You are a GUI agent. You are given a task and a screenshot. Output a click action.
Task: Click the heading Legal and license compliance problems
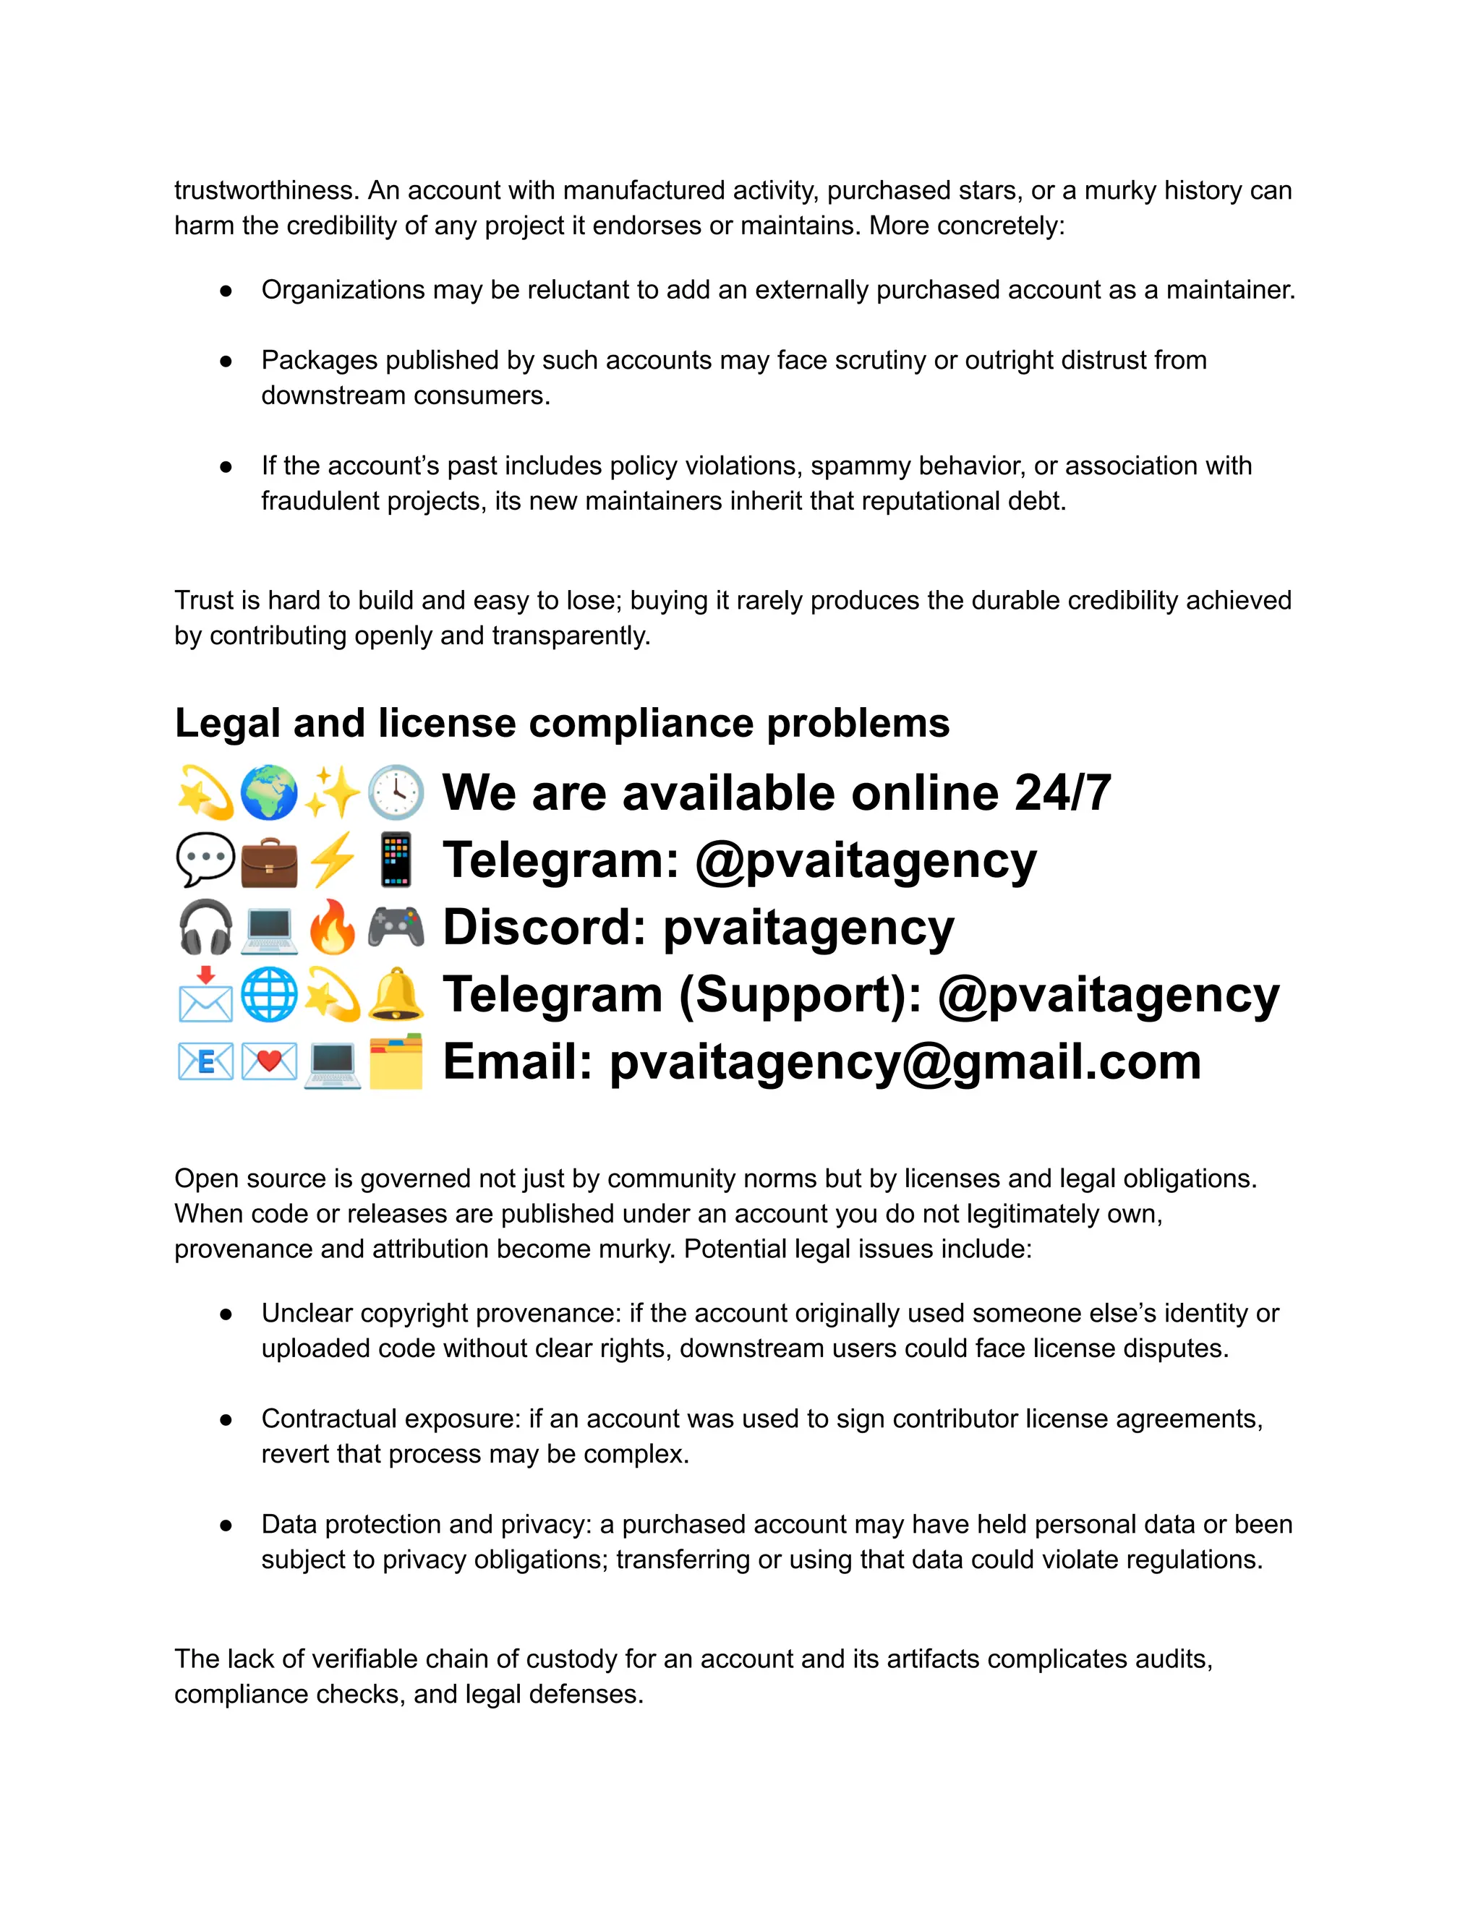(x=561, y=724)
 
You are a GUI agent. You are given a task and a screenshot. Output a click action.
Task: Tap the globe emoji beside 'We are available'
(x=268, y=792)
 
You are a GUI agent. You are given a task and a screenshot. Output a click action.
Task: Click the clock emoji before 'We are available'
(x=396, y=792)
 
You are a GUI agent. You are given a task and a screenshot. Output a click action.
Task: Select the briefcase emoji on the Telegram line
(x=268, y=860)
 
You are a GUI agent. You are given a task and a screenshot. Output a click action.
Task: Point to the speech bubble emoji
(x=205, y=860)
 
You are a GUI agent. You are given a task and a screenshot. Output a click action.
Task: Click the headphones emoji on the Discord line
(x=205, y=928)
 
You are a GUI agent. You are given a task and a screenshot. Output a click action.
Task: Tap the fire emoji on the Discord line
(x=333, y=928)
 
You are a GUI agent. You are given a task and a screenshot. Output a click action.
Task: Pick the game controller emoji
(x=396, y=928)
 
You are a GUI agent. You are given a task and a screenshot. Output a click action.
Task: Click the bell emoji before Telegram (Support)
(x=396, y=995)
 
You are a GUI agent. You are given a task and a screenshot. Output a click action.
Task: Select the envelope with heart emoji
(x=268, y=1062)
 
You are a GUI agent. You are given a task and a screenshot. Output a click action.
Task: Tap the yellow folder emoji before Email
(x=396, y=1062)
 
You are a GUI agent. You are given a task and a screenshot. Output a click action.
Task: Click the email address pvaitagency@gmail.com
(x=905, y=1062)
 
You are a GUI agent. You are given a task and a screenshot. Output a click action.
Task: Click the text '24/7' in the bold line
(x=1062, y=793)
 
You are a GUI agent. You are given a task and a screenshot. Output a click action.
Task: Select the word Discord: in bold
(x=544, y=928)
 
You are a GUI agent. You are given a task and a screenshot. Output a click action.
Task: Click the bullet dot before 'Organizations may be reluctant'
(x=226, y=291)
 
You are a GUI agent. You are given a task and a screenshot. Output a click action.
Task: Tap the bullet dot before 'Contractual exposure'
(x=226, y=1419)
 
